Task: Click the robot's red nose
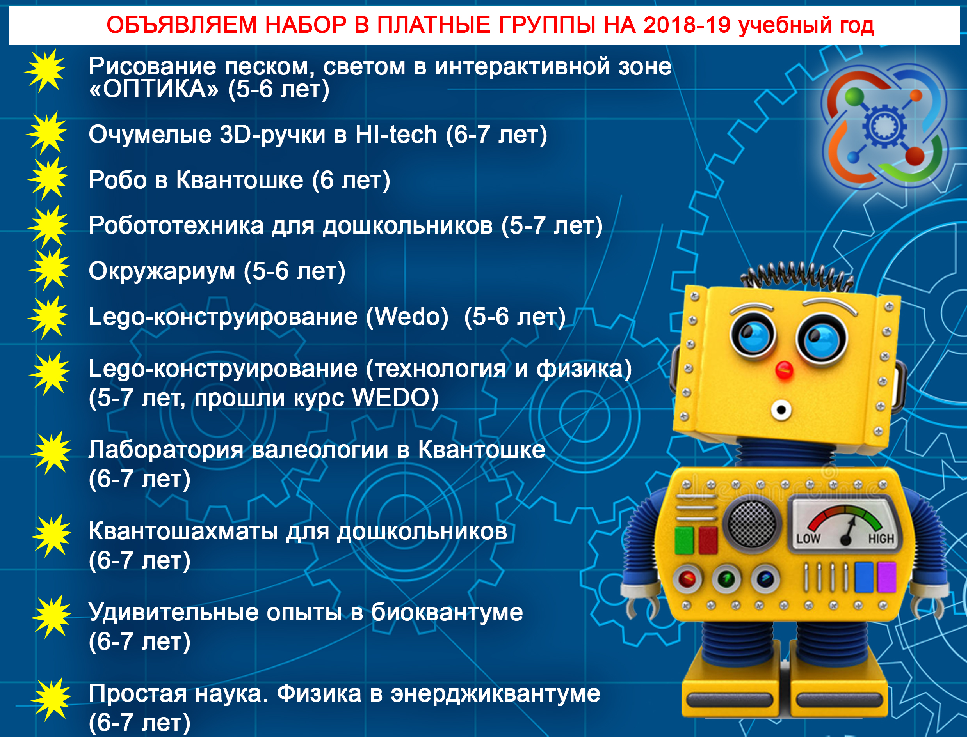(784, 369)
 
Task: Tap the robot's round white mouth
(781, 410)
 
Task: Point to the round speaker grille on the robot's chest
(752, 524)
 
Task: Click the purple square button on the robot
(886, 577)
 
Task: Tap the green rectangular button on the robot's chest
(684, 540)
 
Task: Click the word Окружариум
(162, 271)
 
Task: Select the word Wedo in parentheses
(408, 317)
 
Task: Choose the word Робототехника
(176, 226)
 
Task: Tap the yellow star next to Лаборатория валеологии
(50, 453)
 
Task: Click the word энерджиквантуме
(495, 694)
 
